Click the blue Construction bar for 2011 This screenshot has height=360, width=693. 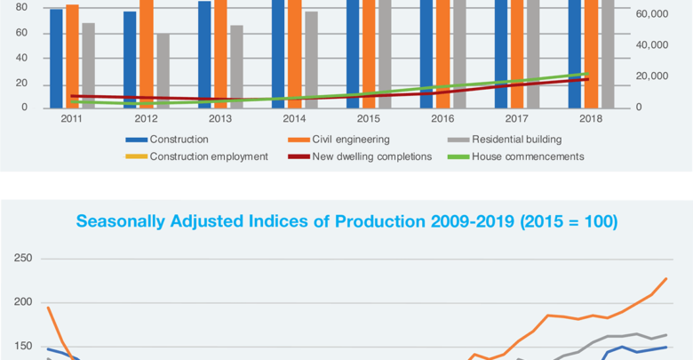pyautogui.click(x=56, y=58)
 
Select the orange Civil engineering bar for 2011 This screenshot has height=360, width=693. pyautogui.click(x=72, y=56)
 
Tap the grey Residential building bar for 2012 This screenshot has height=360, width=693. pyautogui.click(x=163, y=71)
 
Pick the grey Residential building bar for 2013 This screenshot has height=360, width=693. pyautogui.click(x=236, y=67)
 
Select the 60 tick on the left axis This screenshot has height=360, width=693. pyautogui.click(x=21, y=33)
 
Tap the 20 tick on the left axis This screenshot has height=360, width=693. pyautogui.click(x=21, y=84)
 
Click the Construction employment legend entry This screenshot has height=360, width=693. pyautogui.click(x=208, y=156)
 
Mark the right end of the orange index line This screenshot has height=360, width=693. pyautogui.click(x=666, y=278)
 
